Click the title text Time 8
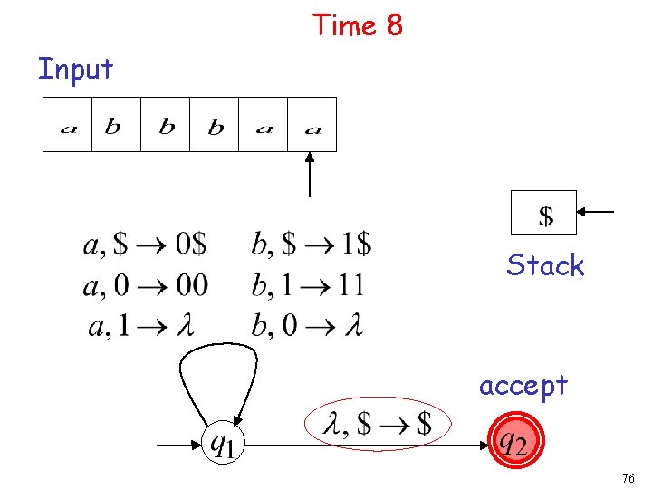(x=357, y=25)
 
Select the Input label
(x=75, y=69)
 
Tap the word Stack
(x=545, y=265)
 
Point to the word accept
(x=523, y=386)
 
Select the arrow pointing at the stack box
(x=597, y=213)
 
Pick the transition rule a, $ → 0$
(x=145, y=244)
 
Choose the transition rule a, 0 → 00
(x=145, y=286)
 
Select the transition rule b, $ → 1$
(x=312, y=244)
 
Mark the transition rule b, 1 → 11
(x=308, y=286)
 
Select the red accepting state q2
(x=513, y=443)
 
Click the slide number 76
(x=629, y=478)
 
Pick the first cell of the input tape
(x=68, y=125)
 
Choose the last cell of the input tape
(x=312, y=125)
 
